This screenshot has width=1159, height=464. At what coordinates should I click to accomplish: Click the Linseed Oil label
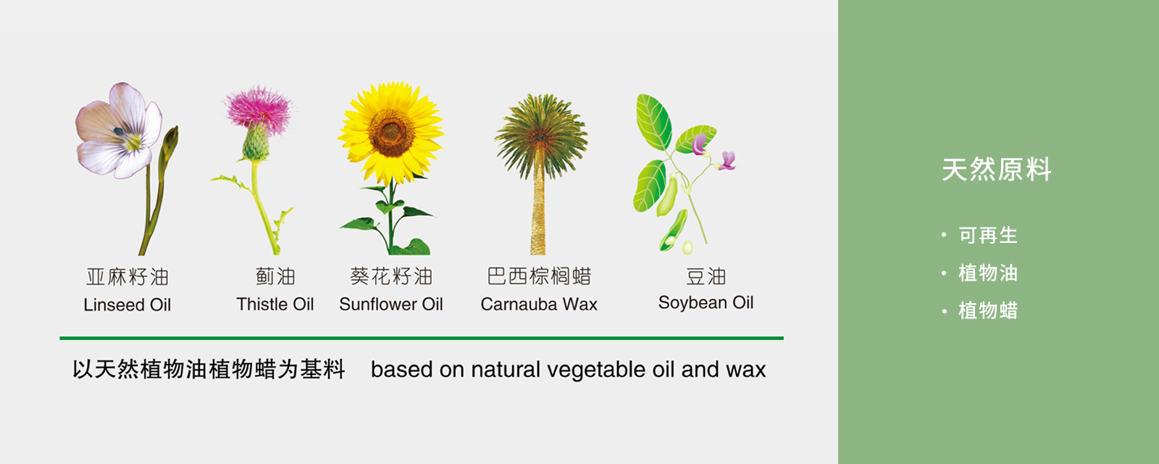(x=127, y=304)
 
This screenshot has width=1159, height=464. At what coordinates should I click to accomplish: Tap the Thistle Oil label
(x=275, y=304)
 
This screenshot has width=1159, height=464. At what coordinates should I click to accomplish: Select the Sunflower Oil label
(x=390, y=304)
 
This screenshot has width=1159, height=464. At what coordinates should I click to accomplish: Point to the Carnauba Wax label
(x=539, y=304)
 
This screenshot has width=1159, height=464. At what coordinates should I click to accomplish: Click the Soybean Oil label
(x=706, y=303)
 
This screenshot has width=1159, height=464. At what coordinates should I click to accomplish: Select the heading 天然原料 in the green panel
(x=997, y=170)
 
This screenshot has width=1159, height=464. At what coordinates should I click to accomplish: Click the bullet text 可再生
(x=988, y=235)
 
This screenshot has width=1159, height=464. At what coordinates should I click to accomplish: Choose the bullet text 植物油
(x=988, y=273)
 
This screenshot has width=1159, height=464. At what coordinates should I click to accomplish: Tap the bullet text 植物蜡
(x=988, y=311)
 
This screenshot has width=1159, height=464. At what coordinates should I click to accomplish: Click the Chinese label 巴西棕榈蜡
(x=539, y=276)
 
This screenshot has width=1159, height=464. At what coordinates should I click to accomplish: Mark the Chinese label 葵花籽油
(x=391, y=276)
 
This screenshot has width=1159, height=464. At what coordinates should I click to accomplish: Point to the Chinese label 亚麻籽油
(x=127, y=277)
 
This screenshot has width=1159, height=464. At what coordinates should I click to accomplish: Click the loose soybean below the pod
(x=687, y=247)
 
